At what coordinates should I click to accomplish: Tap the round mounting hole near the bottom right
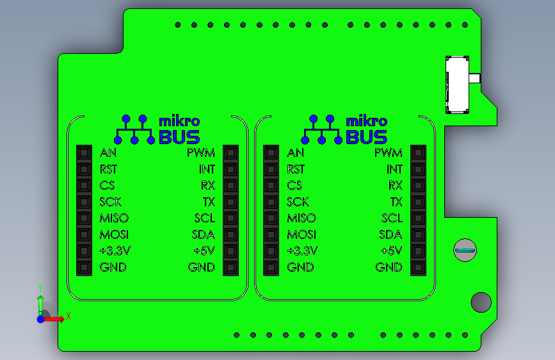pos(480,302)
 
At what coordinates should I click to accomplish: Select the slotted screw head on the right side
pos(465,250)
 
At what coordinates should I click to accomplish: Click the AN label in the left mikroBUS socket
pos(108,153)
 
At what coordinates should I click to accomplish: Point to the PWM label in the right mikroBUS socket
pos(388,153)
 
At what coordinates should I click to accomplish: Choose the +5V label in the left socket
pos(204,251)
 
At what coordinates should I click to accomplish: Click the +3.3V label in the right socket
pos(302,251)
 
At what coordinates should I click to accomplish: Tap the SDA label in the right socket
pos(390,234)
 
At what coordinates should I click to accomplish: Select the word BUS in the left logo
pos(179,137)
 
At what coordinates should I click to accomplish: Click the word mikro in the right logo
pos(366,121)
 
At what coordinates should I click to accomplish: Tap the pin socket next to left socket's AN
pos(84,153)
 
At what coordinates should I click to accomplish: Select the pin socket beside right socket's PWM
pos(418,153)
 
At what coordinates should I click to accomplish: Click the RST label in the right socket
pos(296,170)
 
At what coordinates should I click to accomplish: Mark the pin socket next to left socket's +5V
pos(230,251)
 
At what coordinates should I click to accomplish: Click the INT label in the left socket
pos(207,170)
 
